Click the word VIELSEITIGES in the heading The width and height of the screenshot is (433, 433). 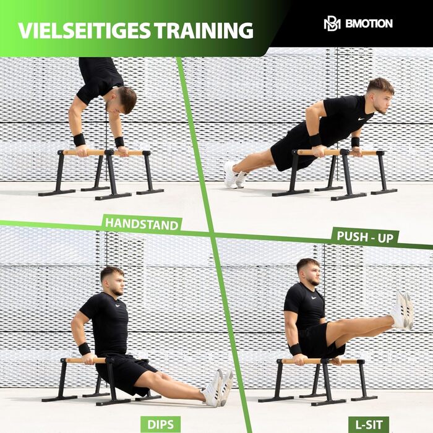click(x=84, y=30)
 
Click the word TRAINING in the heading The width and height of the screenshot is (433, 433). click(x=204, y=30)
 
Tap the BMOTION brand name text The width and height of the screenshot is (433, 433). click(x=369, y=24)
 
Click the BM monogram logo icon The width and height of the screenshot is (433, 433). click(x=332, y=24)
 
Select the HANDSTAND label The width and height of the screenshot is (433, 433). click(x=142, y=224)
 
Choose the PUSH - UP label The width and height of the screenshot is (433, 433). click(x=365, y=237)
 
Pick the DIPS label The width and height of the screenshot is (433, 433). click(x=160, y=424)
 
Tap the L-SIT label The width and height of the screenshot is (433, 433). click(x=369, y=424)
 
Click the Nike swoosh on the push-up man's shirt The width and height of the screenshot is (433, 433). click(x=361, y=119)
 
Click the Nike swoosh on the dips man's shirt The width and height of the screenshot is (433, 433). click(x=118, y=306)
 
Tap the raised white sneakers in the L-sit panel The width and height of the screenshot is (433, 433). click(x=402, y=310)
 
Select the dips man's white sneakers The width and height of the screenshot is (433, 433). click(x=218, y=388)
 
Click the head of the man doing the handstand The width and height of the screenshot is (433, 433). click(x=121, y=100)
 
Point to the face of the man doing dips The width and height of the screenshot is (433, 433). click(x=117, y=285)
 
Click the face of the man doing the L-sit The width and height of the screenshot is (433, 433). click(x=314, y=275)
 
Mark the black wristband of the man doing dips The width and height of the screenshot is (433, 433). click(x=84, y=349)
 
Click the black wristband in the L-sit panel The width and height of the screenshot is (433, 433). click(x=296, y=349)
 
